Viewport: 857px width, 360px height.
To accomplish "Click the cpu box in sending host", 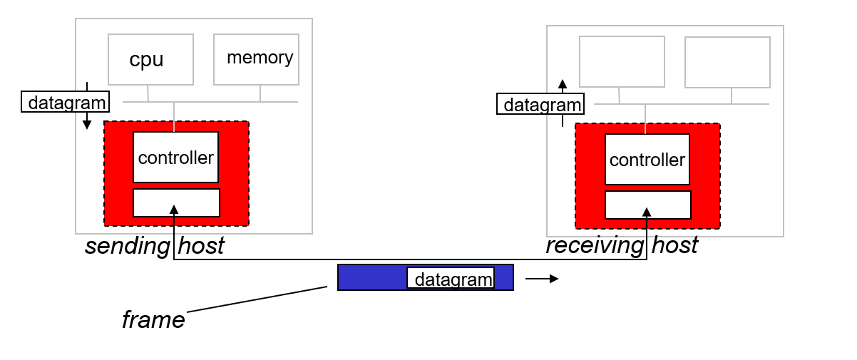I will coord(150,60).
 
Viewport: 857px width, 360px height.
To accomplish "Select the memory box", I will coord(257,59).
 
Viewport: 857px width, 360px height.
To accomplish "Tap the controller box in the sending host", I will coord(175,158).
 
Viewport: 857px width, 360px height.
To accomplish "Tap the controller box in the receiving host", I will coord(647,160).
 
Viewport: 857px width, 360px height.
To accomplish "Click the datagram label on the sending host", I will coord(65,103).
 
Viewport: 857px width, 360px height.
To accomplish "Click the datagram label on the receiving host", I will coord(540,105).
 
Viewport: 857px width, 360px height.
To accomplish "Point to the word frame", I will coord(153,319).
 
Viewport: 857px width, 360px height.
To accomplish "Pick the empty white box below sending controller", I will coord(176,202).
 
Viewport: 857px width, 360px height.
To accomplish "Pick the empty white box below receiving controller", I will coord(648,205).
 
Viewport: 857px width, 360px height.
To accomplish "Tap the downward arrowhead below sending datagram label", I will coord(87,125).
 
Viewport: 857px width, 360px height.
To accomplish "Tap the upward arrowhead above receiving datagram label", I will coord(563,83).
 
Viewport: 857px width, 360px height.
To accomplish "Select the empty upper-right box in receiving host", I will coord(727,62).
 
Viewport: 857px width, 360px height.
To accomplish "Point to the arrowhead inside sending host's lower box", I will coord(173,208).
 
